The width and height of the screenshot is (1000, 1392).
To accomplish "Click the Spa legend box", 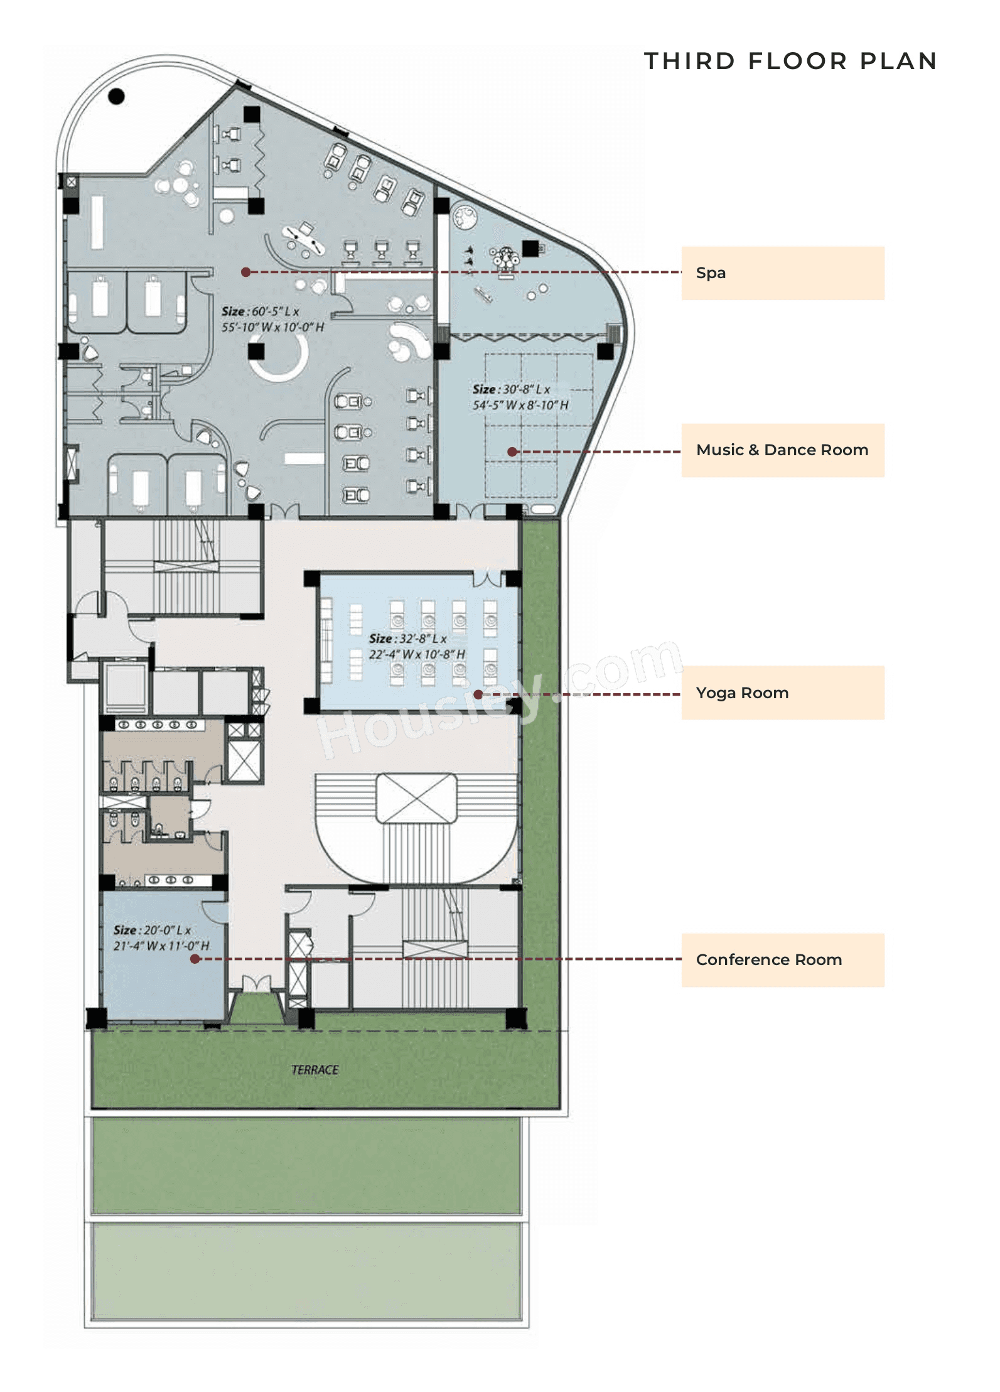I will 782,273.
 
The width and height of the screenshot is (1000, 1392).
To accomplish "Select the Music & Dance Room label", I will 782,450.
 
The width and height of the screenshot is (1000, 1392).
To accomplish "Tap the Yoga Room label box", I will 782,693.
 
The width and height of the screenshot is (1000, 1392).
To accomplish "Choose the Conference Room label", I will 782,959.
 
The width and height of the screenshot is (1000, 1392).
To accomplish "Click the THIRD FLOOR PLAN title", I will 790,61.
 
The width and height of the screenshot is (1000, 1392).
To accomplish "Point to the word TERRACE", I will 315,1069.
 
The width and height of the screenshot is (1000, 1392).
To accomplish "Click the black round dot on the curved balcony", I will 116,96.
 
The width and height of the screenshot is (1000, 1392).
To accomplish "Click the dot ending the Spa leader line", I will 246,272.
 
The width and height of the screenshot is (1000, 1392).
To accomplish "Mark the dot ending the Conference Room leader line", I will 195,959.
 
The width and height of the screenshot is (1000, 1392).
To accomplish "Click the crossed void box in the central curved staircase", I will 416,798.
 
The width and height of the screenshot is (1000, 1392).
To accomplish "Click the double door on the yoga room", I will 487,578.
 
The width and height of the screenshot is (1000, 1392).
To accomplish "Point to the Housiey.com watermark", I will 499,697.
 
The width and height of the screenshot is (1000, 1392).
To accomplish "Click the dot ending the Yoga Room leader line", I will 478,694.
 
